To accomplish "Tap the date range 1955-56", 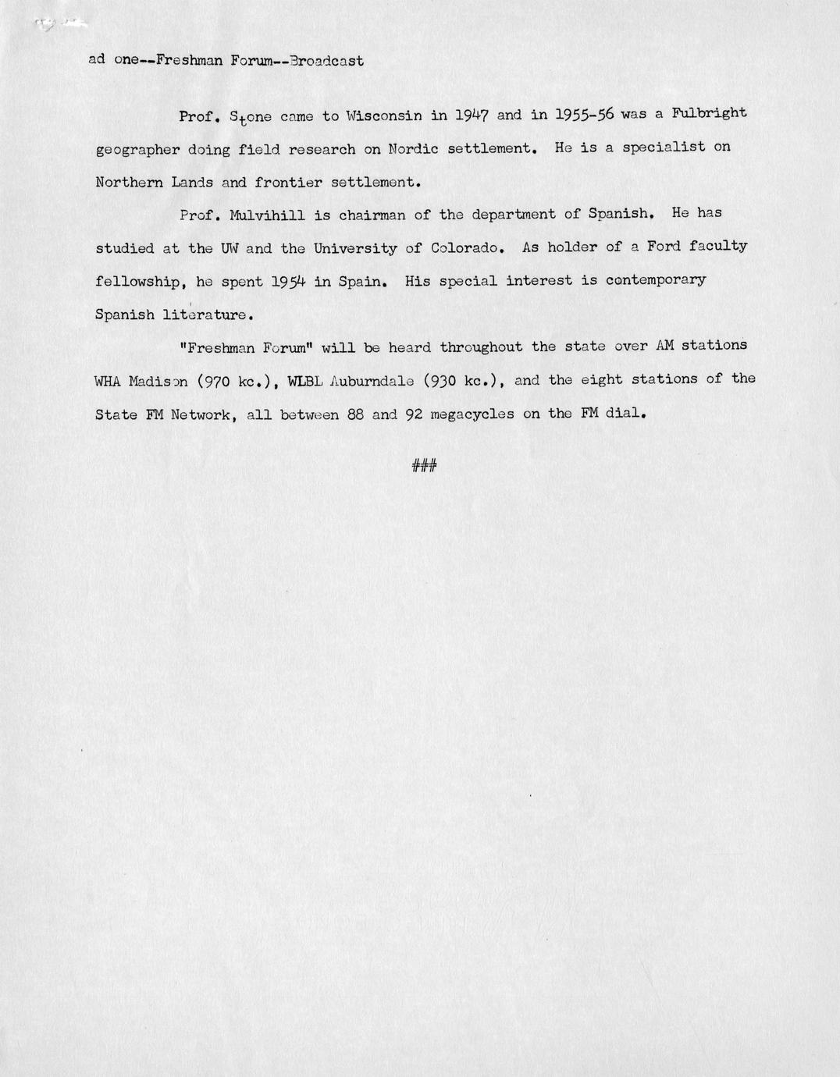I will coord(584,114).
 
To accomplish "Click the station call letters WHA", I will coord(108,381).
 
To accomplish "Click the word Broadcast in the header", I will coord(326,60).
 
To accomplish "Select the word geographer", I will coord(137,149).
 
